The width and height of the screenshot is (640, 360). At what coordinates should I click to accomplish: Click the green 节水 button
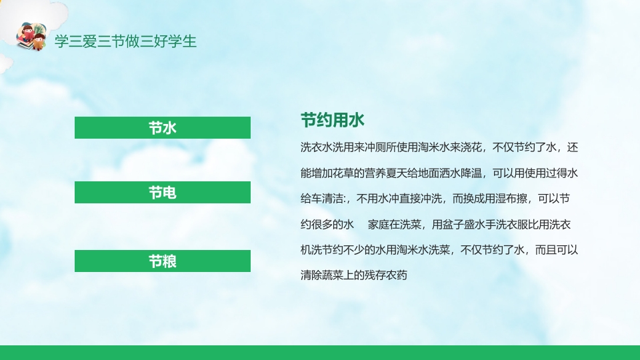pyautogui.click(x=162, y=127)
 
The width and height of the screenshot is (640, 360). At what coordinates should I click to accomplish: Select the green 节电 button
pyautogui.click(x=162, y=193)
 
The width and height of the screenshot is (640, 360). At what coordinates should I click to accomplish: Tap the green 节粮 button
pyautogui.click(x=162, y=261)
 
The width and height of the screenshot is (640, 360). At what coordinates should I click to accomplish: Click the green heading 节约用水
pyautogui.click(x=333, y=121)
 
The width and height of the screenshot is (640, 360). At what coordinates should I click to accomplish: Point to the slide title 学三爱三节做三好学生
pyautogui.click(x=125, y=41)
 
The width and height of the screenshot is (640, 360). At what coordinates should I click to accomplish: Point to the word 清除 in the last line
pyautogui.click(x=313, y=274)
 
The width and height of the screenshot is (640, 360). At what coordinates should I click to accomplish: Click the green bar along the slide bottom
pyautogui.click(x=320, y=353)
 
